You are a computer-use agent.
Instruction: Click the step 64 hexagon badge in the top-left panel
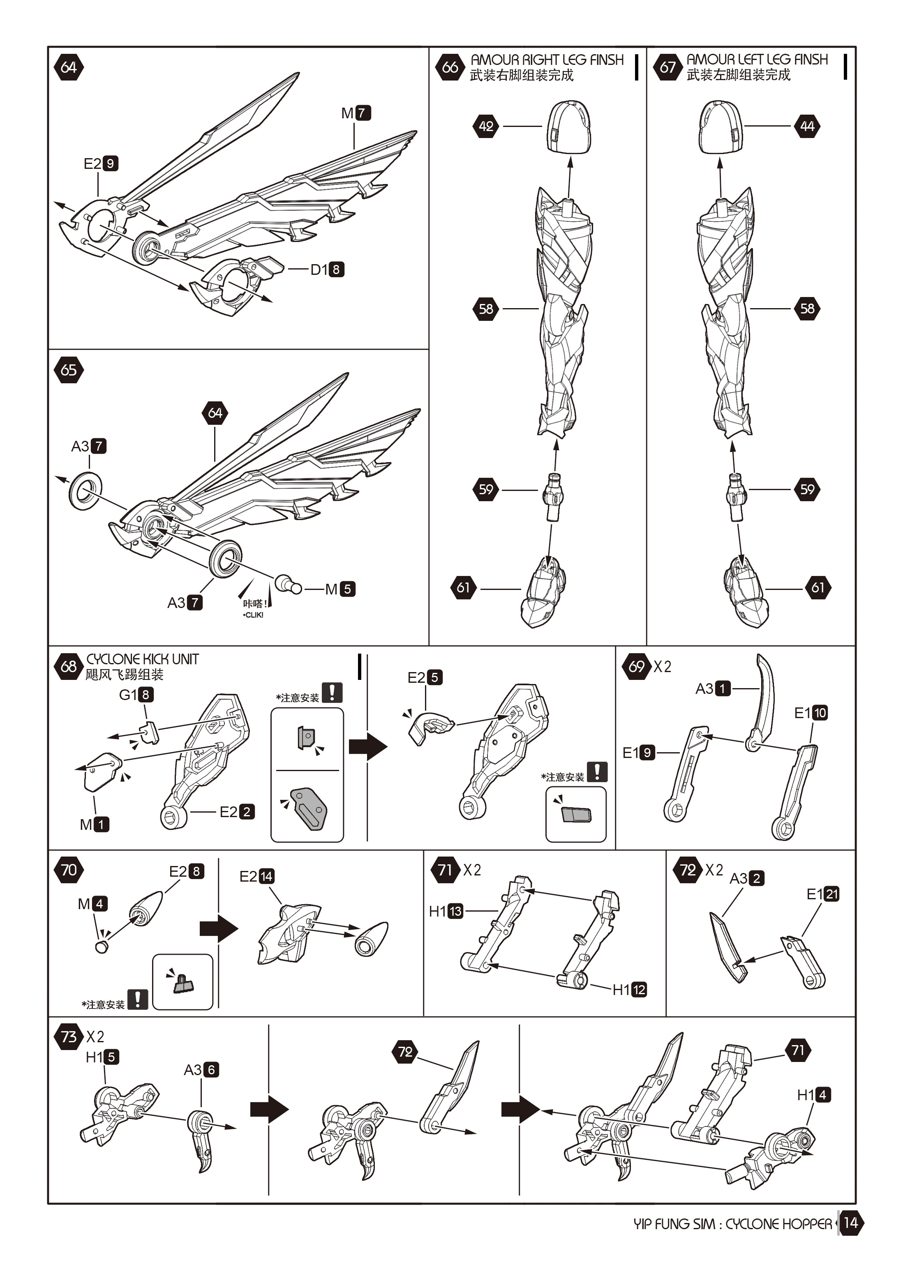[68, 67]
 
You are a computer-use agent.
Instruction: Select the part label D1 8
[327, 269]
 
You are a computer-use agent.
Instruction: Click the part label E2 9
[101, 164]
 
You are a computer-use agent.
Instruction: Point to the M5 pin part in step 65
[287, 585]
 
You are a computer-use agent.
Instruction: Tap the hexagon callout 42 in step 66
[486, 126]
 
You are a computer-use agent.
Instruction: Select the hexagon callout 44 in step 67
[807, 126]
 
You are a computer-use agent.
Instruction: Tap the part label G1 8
[136, 695]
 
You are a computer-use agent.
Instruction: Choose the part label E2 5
[425, 677]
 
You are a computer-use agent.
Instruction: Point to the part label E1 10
[811, 713]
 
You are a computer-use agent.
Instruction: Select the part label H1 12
[629, 990]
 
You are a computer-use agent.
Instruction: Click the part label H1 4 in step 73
[813, 1095]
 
